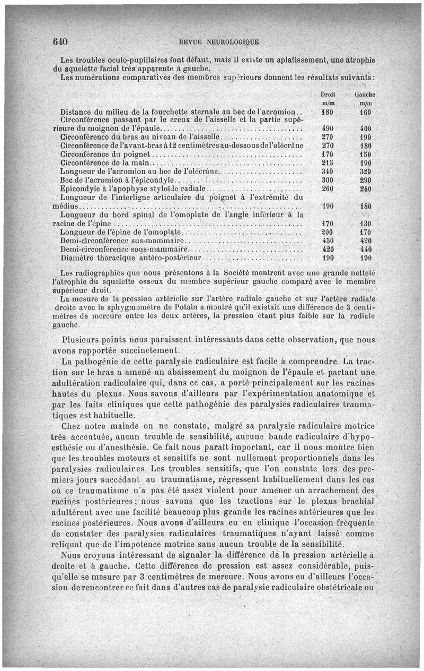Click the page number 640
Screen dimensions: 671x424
(x=62, y=41)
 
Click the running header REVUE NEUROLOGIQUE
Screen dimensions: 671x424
(x=219, y=42)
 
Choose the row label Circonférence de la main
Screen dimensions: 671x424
(x=106, y=162)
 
